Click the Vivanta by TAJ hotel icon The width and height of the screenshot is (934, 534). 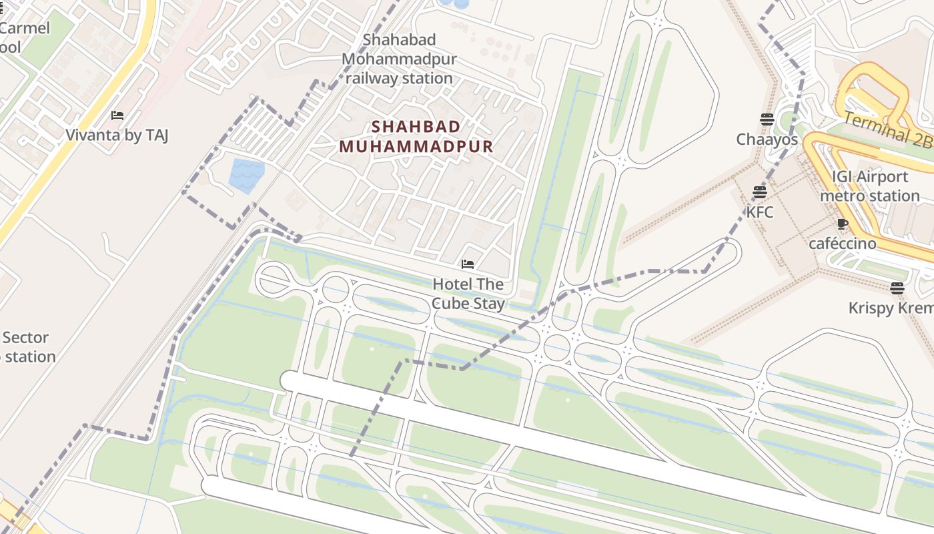point(117,115)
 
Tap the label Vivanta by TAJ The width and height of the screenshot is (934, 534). point(117,136)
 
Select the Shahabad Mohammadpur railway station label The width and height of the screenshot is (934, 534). point(399,59)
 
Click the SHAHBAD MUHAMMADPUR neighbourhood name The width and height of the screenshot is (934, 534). point(416,136)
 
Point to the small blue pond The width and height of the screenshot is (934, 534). point(246,176)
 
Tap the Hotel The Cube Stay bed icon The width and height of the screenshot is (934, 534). point(468,264)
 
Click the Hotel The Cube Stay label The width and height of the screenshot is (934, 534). point(468,294)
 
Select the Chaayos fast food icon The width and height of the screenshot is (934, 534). point(767,119)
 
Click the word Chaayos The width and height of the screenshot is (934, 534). point(767,140)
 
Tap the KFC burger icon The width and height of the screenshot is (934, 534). point(759,192)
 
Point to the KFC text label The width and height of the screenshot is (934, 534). point(759,212)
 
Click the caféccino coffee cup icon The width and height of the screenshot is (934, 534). point(842,224)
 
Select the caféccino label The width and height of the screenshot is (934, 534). point(842,244)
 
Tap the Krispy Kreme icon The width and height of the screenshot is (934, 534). point(897,288)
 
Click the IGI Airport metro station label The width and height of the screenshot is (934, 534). point(869,186)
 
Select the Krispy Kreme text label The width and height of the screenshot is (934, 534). point(891,308)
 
